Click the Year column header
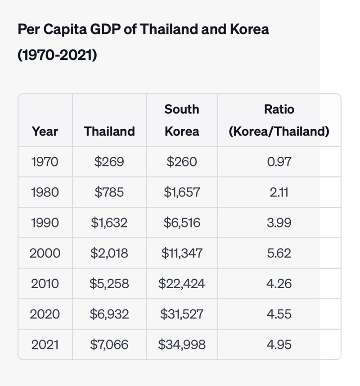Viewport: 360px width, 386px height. point(45,131)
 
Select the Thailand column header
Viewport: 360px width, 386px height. point(109,131)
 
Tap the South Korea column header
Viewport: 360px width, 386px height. point(182,120)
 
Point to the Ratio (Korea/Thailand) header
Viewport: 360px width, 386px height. point(279,120)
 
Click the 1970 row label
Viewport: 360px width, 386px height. point(45,162)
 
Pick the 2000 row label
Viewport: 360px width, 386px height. point(45,253)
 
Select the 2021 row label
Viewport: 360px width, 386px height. point(45,345)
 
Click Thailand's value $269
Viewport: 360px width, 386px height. point(109,162)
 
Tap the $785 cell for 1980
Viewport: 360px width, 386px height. point(109,192)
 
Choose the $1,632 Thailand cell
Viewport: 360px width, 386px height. point(109,223)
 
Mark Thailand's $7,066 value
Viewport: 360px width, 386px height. point(109,345)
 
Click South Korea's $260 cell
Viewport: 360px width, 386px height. point(182,162)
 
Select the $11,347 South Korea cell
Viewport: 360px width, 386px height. point(182,253)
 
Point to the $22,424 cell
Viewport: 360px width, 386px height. point(182,284)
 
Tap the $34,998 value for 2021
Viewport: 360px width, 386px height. point(182,345)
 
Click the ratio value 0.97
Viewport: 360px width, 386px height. point(279,162)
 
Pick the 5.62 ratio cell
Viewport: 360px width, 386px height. point(279,253)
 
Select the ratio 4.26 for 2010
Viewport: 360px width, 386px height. point(279,284)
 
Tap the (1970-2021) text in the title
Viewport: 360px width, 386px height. point(57,55)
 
